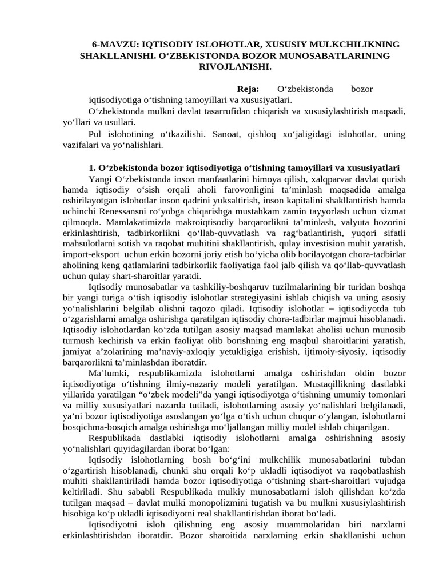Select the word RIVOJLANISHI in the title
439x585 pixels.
[235, 66]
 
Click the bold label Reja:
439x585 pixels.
[248, 90]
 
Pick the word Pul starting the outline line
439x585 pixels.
[97, 134]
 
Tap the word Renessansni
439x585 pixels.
[122, 211]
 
